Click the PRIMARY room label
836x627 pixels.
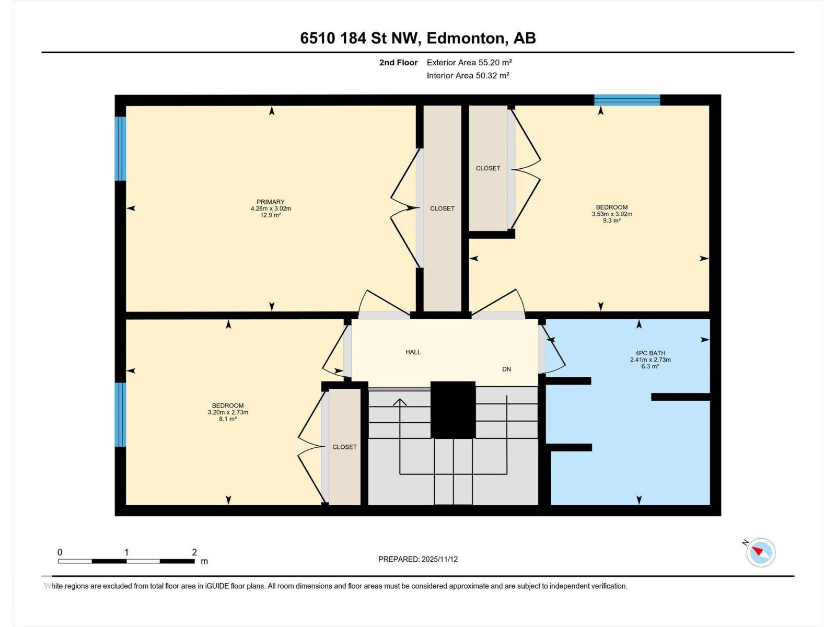click(271, 202)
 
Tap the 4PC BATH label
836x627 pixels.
click(650, 353)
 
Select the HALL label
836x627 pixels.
click(413, 352)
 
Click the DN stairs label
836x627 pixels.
click(506, 369)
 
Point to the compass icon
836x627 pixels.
click(761, 552)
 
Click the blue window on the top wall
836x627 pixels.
click(627, 100)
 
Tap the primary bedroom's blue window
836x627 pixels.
click(121, 148)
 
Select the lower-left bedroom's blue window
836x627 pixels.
click(121, 414)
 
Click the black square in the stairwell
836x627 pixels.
click(453, 410)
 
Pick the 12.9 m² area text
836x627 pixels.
click(271, 215)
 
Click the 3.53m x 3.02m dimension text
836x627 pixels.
click(612, 214)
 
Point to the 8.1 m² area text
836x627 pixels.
click(228, 419)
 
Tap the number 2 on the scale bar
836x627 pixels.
click(194, 552)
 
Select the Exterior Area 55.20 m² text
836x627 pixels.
click(469, 62)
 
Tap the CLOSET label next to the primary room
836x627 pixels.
click(442, 208)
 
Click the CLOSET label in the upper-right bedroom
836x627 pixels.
click(488, 168)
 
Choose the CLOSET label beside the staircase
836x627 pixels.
click(344, 447)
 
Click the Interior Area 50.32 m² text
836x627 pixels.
click(468, 75)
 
